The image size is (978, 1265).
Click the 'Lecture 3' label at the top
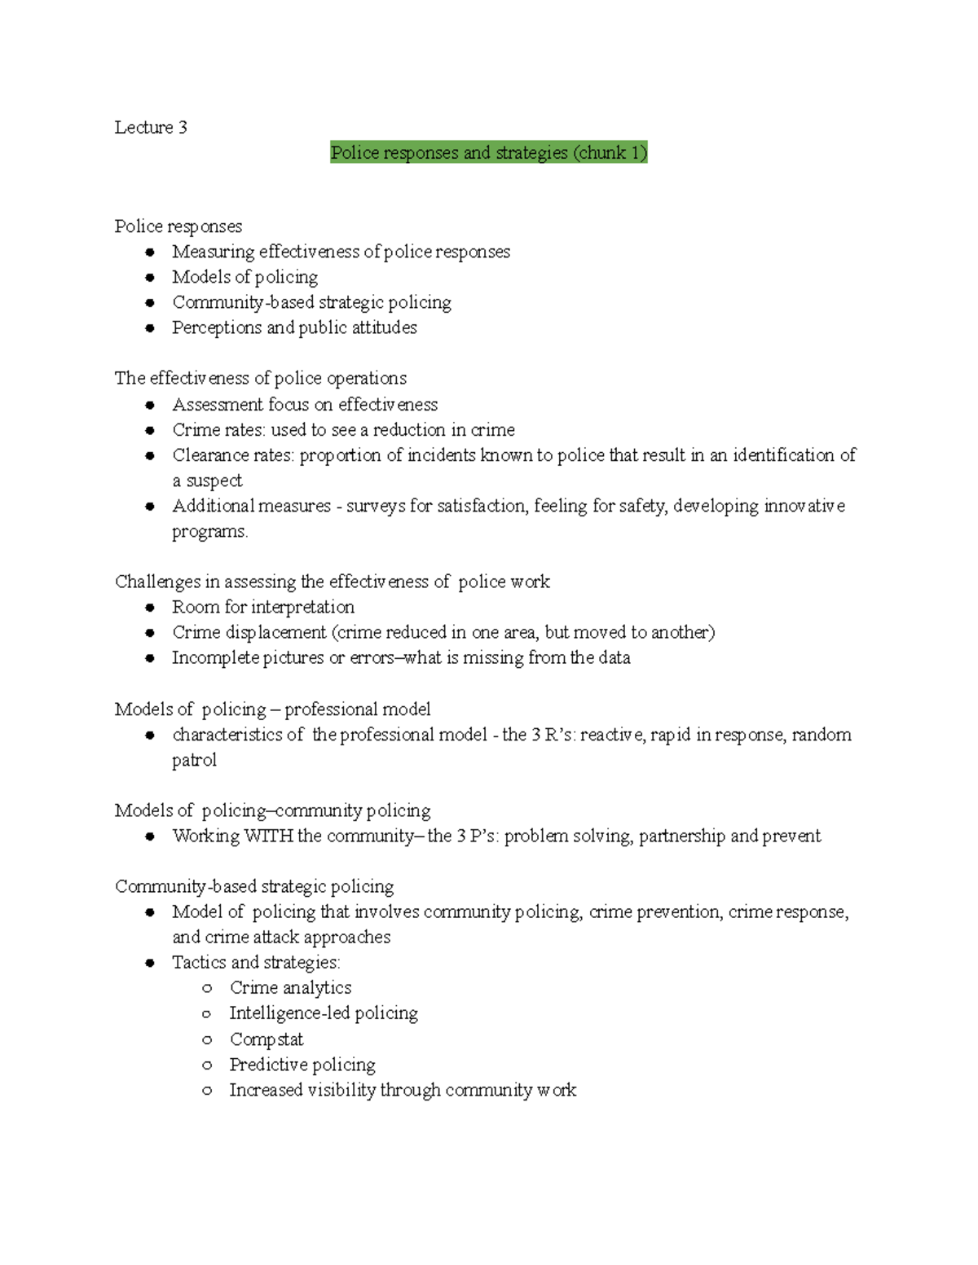pyautogui.click(x=151, y=127)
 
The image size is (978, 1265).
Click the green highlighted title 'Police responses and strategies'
pyautogui.click(x=488, y=152)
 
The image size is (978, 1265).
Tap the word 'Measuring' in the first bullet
pyautogui.click(x=213, y=252)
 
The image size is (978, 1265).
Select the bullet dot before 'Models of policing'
pyautogui.click(x=150, y=277)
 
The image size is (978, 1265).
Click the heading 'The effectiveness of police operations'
pyautogui.click(x=260, y=378)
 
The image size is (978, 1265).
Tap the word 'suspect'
pyautogui.click(x=214, y=481)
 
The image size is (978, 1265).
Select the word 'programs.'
pyautogui.click(x=209, y=531)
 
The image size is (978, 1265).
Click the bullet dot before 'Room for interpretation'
pyautogui.click(x=150, y=607)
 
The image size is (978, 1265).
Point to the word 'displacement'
pyautogui.click(x=275, y=632)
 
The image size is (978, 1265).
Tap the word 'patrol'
pyautogui.click(x=194, y=760)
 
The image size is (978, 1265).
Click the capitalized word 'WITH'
pyautogui.click(x=268, y=836)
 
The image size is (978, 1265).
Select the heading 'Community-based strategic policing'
pyautogui.click(x=254, y=886)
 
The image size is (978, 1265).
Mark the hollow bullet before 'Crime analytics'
pyautogui.click(x=207, y=988)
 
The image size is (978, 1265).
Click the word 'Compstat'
pyautogui.click(x=267, y=1039)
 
